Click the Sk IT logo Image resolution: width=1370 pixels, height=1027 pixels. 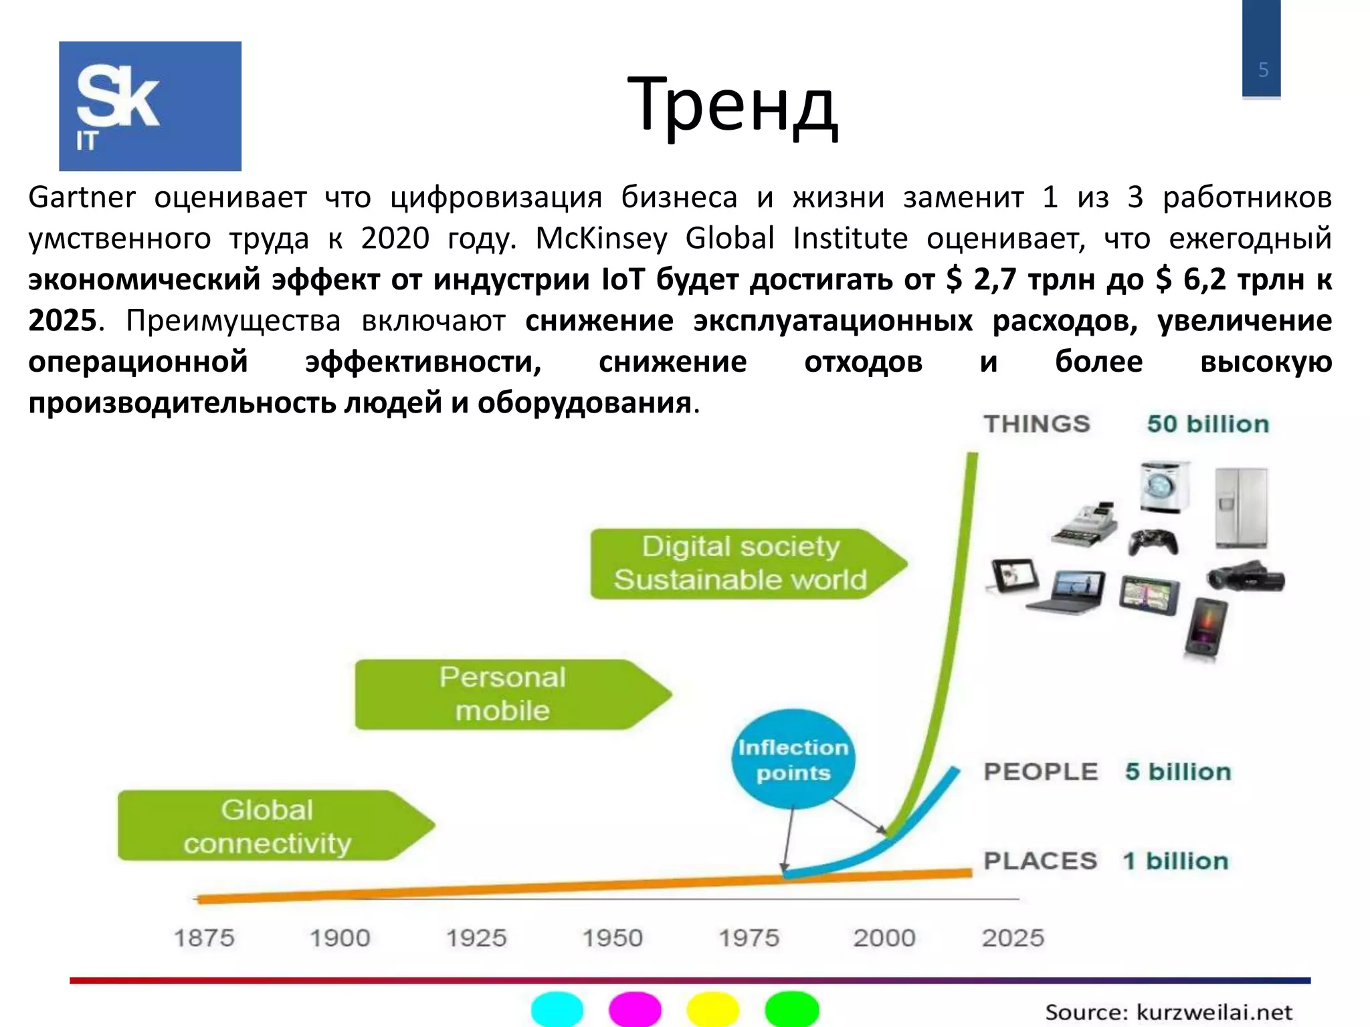point(150,106)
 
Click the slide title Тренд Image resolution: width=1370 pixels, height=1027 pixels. point(732,106)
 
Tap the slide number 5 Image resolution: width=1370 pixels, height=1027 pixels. point(1263,70)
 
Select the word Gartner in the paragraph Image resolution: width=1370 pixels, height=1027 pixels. point(82,198)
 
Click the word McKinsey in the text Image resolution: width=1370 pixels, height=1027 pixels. point(601,239)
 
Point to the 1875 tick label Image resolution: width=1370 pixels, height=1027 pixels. point(204,938)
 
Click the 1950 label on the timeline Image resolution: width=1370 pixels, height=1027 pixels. point(612,938)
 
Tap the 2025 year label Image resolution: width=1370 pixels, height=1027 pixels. point(1013,938)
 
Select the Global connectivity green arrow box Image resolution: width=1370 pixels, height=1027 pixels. point(268,826)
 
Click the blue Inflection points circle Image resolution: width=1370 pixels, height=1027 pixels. point(793,760)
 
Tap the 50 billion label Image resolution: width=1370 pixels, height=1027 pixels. point(1208,424)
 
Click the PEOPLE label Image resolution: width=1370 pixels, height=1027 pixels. point(1040,772)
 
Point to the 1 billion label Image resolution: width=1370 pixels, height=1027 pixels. point(1176,861)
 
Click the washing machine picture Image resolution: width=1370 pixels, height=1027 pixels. point(1165,486)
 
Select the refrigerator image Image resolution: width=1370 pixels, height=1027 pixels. point(1242,507)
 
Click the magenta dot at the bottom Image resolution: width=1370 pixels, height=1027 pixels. point(635,1009)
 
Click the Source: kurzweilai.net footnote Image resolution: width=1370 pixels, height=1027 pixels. point(1169,1012)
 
